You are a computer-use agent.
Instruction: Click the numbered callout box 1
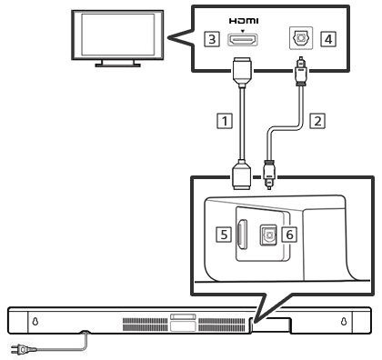click(225, 121)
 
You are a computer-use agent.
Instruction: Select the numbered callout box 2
click(317, 121)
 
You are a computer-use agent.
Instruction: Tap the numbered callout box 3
click(212, 39)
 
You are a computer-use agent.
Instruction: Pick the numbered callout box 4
click(328, 39)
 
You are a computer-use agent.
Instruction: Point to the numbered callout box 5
click(224, 235)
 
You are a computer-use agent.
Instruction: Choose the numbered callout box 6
click(289, 235)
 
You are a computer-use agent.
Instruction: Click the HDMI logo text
click(244, 21)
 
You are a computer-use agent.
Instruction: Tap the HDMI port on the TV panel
click(243, 40)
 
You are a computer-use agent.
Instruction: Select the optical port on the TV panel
click(301, 38)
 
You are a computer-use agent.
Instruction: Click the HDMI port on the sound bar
click(242, 235)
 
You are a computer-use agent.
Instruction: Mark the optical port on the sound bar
click(268, 235)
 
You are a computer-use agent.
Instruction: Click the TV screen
click(117, 35)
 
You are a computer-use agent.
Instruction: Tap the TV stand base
click(117, 65)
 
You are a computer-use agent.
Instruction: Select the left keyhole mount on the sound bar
click(35, 321)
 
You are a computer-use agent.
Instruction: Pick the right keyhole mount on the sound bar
click(344, 321)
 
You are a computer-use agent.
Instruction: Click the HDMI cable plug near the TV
click(242, 72)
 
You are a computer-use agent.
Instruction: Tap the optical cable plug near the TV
click(300, 72)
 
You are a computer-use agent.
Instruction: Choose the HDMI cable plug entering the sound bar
click(242, 175)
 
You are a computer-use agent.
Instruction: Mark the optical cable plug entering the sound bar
click(269, 175)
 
